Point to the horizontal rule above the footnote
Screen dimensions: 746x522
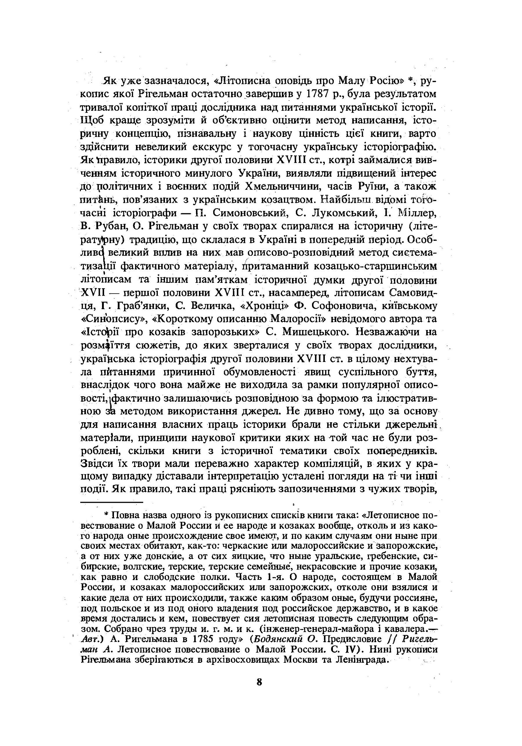tap(112, 502)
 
